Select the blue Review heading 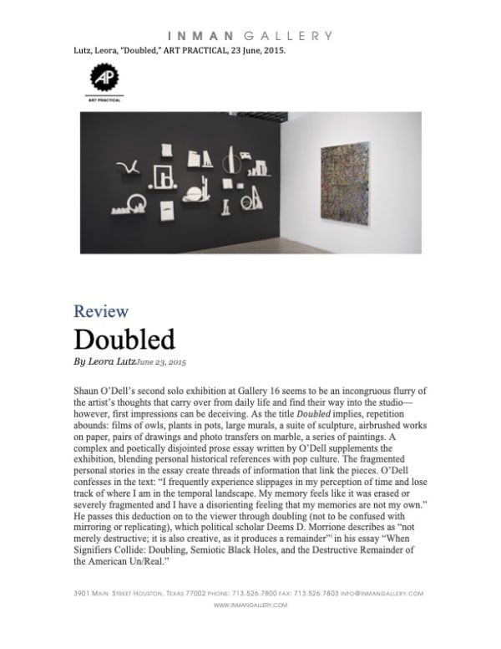(x=101, y=312)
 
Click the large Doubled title (x=124, y=340)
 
